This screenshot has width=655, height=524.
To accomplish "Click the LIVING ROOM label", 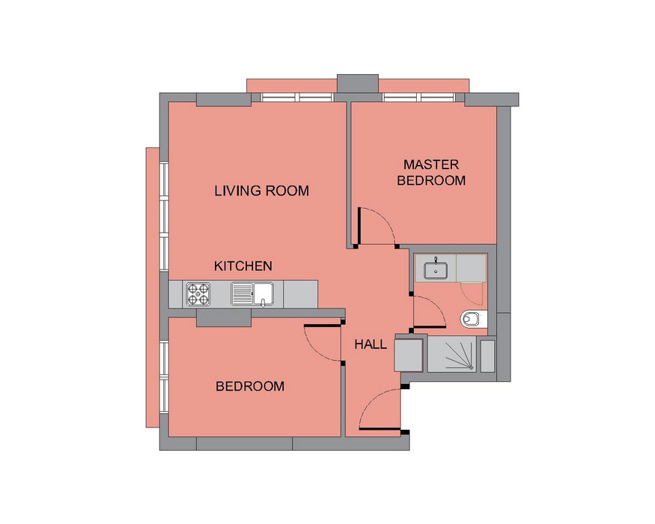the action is point(261,191).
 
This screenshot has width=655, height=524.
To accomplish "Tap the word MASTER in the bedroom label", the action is point(431,165).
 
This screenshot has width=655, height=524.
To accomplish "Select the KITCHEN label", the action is point(243,266).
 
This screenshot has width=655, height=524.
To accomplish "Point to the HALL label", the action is point(371,344).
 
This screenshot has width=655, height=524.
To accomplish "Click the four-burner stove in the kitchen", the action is point(198,293).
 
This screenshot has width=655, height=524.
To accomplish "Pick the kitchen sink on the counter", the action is point(252,293).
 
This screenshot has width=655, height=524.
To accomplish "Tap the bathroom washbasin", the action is point(436,269).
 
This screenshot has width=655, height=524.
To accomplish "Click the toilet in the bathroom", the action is point(474,319).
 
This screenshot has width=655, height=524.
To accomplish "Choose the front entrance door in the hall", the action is point(380,409).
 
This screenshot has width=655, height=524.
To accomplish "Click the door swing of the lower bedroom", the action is point(323,343).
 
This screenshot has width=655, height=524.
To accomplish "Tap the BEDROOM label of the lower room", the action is point(250,386).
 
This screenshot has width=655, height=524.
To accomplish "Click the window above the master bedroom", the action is point(419,97).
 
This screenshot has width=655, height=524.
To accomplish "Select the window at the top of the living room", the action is point(297,97).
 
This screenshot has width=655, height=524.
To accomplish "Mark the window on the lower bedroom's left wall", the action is point(164,377).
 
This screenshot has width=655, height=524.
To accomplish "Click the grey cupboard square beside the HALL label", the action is point(409,355).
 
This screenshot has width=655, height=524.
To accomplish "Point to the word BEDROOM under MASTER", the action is point(431,180).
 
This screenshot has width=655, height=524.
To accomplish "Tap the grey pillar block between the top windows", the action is point(358,84).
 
